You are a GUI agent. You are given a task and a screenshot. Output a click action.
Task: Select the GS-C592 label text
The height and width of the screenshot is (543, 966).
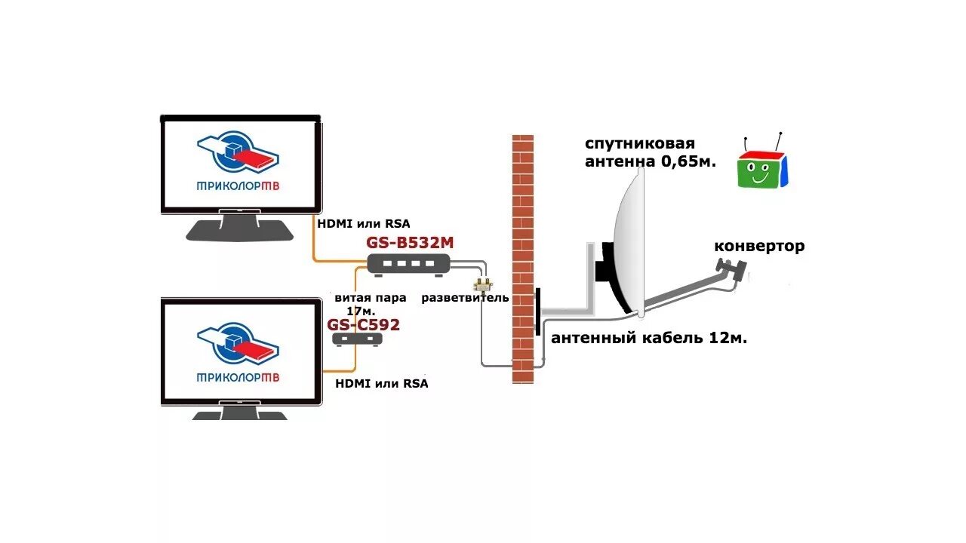(x=363, y=325)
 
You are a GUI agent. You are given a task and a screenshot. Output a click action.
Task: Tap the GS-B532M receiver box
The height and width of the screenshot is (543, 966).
(x=408, y=262)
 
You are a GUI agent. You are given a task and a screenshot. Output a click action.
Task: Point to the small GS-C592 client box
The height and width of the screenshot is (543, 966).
(x=358, y=339)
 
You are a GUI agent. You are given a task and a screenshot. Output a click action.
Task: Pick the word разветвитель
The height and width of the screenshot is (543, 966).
(x=465, y=298)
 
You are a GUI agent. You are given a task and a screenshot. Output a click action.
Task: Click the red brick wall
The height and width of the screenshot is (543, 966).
(x=523, y=226)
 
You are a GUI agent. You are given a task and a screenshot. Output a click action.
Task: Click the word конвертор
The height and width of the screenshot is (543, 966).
(x=758, y=246)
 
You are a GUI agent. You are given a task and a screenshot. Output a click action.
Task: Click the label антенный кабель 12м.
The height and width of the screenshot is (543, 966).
(x=649, y=339)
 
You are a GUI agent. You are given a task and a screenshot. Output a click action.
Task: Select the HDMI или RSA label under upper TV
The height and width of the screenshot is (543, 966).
(x=363, y=223)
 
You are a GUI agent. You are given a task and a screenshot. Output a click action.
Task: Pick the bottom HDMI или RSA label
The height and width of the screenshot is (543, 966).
(x=381, y=383)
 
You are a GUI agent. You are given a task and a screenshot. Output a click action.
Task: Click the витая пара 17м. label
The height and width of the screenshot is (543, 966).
(x=370, y=304)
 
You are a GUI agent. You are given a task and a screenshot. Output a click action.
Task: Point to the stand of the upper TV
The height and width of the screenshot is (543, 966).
(x=240, y=229)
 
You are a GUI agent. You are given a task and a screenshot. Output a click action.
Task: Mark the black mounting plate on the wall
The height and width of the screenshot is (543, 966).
(x=537, y=311)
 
